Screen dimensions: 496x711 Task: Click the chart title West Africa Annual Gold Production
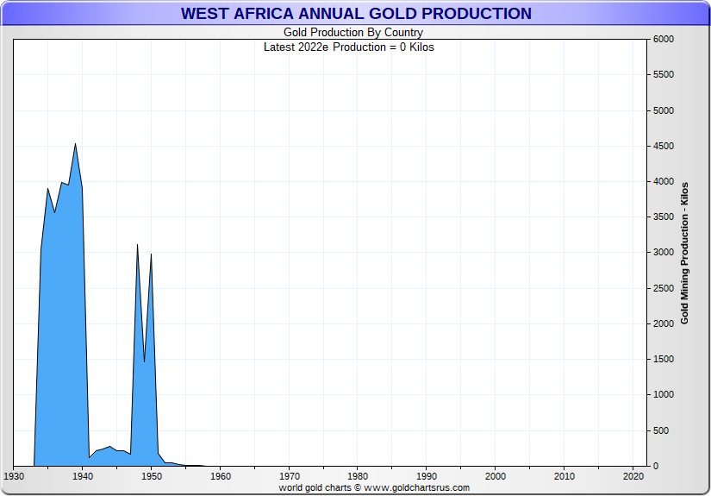[356, 14]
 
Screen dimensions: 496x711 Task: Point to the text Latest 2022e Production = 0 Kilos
[349, 47]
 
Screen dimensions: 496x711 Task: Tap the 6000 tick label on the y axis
[663, 40]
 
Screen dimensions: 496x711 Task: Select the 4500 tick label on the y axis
[663, 147]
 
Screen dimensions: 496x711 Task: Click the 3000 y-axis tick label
[663, 253]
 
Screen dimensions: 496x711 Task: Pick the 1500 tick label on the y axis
[663, 360]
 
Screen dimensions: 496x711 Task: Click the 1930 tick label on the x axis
[14, 476]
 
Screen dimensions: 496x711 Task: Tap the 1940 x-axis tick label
[83, 476]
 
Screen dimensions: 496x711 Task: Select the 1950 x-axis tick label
[152, 476]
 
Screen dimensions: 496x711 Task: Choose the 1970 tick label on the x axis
[290, 476]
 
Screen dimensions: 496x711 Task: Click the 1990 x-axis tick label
[427, 476]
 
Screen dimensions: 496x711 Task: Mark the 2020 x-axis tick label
[633, 476]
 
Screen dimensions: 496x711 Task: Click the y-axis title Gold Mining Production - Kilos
[684, 253]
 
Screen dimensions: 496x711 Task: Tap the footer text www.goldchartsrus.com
[416, 488]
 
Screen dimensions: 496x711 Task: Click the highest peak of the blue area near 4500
[76, 144]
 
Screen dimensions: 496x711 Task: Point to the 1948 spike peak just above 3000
[137, 245]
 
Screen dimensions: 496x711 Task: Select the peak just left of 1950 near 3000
[151, 254]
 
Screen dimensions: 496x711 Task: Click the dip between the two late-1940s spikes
[144, 361]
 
